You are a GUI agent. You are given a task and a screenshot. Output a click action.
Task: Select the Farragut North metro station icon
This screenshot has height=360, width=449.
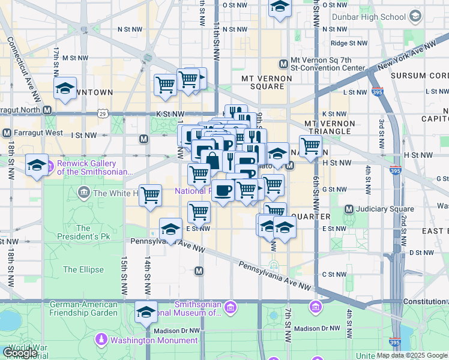pos(46,111)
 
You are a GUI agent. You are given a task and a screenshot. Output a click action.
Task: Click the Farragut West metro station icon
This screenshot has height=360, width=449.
pos(7,133)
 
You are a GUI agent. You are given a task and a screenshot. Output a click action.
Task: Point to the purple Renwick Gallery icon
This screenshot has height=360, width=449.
pos(50,165)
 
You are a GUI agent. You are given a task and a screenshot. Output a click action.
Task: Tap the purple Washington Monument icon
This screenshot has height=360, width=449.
pos(101,340)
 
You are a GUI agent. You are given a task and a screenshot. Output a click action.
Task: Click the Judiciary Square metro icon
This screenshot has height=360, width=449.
pos(349,209)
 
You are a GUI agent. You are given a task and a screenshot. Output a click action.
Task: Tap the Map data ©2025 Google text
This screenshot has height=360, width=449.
pos(411,355)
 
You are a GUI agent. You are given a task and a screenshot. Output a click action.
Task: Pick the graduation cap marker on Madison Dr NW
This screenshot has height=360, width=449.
pos(146,312)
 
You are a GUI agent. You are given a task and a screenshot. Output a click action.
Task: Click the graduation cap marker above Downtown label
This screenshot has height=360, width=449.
pos(65,88)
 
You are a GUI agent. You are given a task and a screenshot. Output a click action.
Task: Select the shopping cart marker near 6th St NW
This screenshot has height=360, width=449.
pos(310,145)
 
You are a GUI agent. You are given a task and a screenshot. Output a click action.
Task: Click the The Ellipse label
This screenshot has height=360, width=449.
pos(83,270)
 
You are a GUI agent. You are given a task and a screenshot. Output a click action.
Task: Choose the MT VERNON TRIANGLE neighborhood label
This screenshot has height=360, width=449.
pos(330,127)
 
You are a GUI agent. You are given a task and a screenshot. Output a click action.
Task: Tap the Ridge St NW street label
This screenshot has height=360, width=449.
pos(348,43)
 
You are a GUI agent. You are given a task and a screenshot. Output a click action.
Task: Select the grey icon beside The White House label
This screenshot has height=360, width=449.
pos(84,193)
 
